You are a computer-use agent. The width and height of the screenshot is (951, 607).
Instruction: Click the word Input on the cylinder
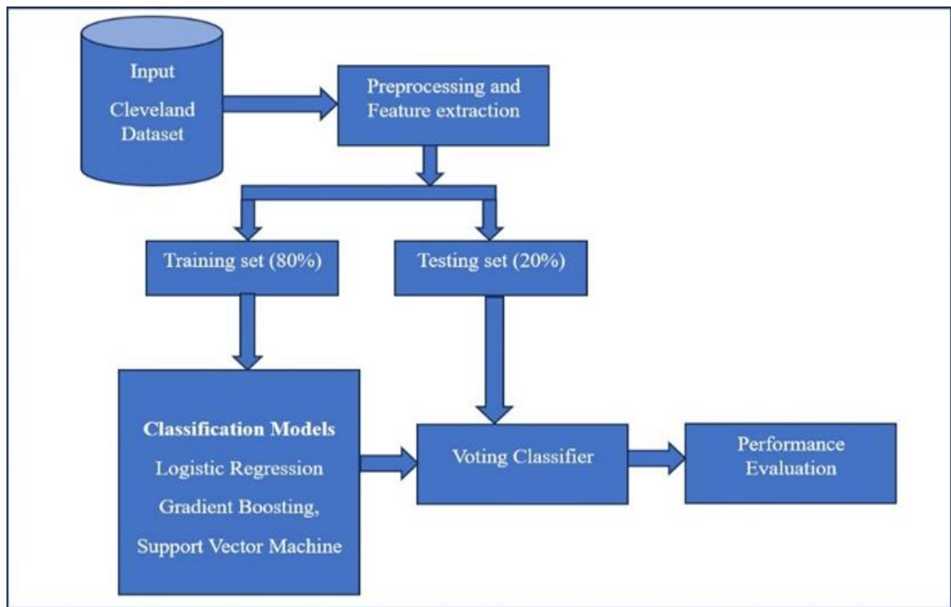point(152,71)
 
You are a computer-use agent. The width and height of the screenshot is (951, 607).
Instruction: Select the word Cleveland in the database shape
point(152,109)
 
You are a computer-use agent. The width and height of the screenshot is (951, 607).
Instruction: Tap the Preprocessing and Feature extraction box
point(443,105)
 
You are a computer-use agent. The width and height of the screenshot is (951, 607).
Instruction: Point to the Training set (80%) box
point(242,268)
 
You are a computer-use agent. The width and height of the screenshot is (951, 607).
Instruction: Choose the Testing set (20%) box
point(491,268)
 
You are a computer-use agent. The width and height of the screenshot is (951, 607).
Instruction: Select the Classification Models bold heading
point(239,429)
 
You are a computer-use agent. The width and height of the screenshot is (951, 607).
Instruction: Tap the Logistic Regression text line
point(239,468)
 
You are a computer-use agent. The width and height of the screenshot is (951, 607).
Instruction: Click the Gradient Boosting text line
point(239,507)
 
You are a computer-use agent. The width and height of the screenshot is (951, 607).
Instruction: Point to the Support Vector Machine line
point(239,546)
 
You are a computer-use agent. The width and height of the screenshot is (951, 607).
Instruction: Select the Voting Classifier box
point(522,464)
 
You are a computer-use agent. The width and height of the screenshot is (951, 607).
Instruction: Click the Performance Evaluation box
point(791,463)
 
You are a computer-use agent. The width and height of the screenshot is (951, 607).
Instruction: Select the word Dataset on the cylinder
point(152,134)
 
